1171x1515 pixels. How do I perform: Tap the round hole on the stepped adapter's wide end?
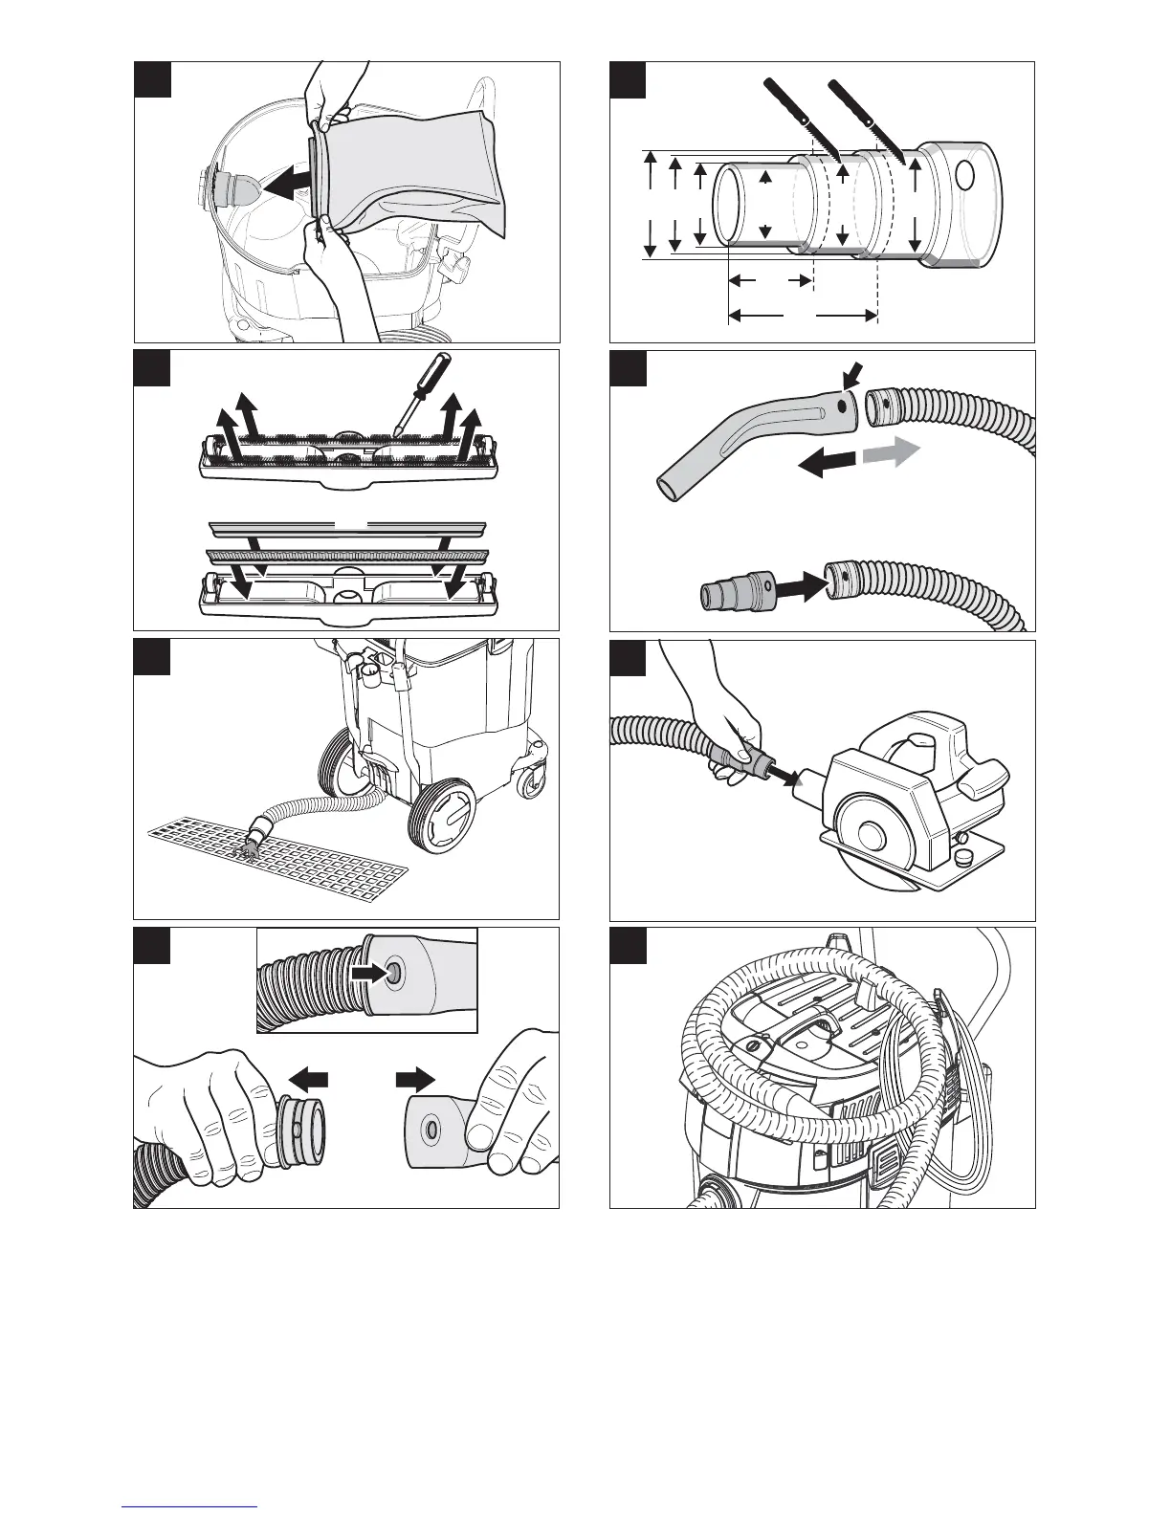[965, 176]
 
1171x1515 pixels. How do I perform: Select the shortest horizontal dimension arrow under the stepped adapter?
[770, 280]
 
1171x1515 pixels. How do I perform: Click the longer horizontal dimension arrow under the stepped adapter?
[803, 314]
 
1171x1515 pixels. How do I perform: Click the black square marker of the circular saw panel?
[630, 658]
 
